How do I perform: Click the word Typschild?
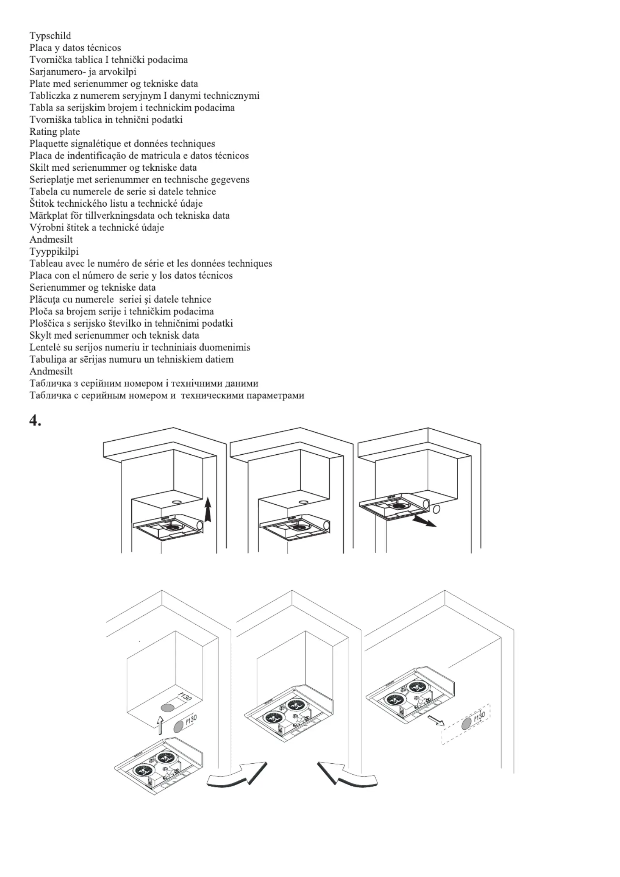(x=50, y=36)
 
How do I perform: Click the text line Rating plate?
(x=54, y=132)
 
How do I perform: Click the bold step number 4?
(x=35, y=420)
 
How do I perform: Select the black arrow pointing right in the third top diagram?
(x=425, y=521)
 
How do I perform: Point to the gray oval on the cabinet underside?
(x=168, y=707)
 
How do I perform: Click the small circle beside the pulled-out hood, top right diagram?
(x=436, y=509)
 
